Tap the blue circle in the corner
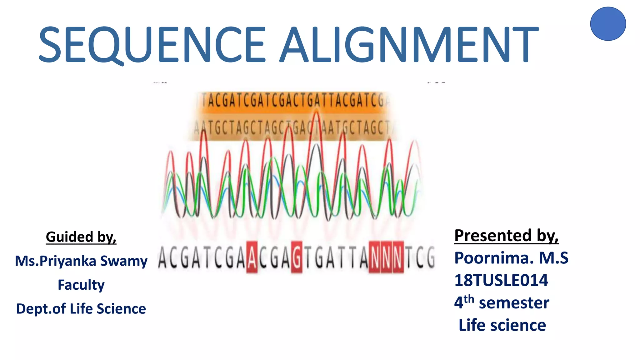coord(608,24)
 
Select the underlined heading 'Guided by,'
coord(81,237)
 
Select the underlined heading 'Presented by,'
coord(506,235)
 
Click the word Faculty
coord(81,285)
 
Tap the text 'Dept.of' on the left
coord(41,309)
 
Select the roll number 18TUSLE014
coord(501,280)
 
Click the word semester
coord(514,303)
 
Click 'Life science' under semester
coord(502,325)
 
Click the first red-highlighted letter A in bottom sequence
coord(252,257)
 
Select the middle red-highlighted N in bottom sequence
coord(386,257)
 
